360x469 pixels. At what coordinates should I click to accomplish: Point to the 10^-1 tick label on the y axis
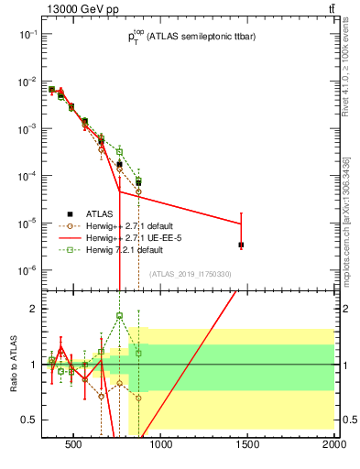point(28,34)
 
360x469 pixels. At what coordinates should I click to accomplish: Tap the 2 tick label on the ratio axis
point(34,309)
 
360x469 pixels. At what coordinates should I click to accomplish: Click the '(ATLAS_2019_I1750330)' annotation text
point(191,274)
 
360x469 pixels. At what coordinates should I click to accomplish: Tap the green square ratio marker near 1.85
point(119,316)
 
